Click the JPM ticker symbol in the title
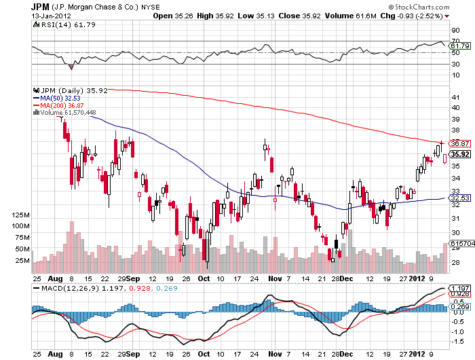[x=40, y=6]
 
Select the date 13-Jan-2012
[x=51, y=16]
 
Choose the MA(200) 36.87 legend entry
[x=58, y=106]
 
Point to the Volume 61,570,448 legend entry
[x=60, y=113]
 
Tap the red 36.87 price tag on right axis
[x=460, y=143]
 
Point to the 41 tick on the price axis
[x=455, y=96]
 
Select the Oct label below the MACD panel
[x=204, y=354]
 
